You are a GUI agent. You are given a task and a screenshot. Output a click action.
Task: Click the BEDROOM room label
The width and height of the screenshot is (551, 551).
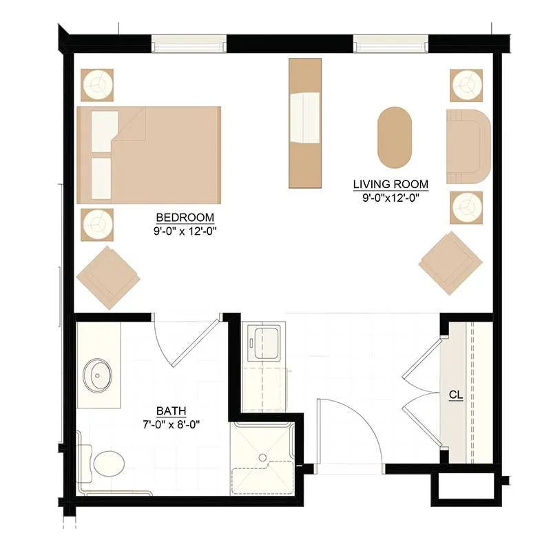pyautogui.click(x=185, y=218)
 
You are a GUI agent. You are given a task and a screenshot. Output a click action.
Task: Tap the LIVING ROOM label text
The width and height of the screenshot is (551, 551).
pyautogui.click(x=391, y=184)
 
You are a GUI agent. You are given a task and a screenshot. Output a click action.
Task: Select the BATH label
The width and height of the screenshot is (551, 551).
pyautogui.click(x=171, y=410)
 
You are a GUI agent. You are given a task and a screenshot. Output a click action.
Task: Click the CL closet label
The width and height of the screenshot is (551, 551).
pyautogui.click(x=456, y=395)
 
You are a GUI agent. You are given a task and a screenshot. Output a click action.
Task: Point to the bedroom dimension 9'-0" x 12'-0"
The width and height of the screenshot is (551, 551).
pyautogui.click(x=185, y=231)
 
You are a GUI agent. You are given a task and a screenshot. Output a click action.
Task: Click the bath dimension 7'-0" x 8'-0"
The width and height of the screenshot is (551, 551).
pyautogui.click(x=171, y=424)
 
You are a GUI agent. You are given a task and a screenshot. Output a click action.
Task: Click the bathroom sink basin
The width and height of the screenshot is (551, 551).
pyautogui.click(x=97, y=375)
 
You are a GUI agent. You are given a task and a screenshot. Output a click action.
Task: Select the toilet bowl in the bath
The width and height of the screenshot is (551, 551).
pyautogui.click(x=109, y=464)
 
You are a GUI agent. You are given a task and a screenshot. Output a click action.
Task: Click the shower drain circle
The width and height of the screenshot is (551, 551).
pyautogui.click(x=262, y=457)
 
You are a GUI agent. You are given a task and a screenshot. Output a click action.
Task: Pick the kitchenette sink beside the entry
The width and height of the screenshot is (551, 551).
pyautogui.click(x=264, y=342)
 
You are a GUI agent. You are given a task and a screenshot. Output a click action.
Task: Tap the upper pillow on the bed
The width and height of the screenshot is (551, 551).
pyautogui.click(x=105, y=132)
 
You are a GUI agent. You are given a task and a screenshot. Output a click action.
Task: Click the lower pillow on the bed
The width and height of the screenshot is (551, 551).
pyautogui.click(x=101, y=178)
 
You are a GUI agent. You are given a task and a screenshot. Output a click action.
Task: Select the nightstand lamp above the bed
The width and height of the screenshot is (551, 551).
pyautogui.click(x=97, y=85)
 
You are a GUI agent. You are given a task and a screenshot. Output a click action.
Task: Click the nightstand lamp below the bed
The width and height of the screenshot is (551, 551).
pyautogui.click(x=97, y=225)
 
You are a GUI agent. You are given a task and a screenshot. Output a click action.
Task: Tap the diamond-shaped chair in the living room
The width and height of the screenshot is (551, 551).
pyautogui.click(x=450, y=263)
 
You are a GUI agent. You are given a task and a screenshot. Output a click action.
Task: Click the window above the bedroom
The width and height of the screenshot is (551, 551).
pyautogui.click(x=189, y=43)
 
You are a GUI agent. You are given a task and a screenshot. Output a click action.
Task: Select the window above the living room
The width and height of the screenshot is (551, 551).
pyautogui.click(x=391, y=43)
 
